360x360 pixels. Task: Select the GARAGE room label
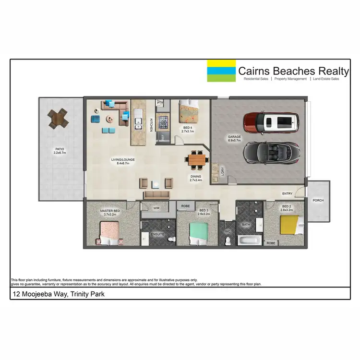234,137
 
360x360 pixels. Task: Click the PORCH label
318,200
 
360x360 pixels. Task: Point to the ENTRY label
287,193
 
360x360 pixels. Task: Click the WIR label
156,208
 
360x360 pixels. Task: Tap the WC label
228,231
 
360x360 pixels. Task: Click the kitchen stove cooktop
163,122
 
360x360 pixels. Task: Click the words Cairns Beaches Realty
293,71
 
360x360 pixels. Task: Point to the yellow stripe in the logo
221,63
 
